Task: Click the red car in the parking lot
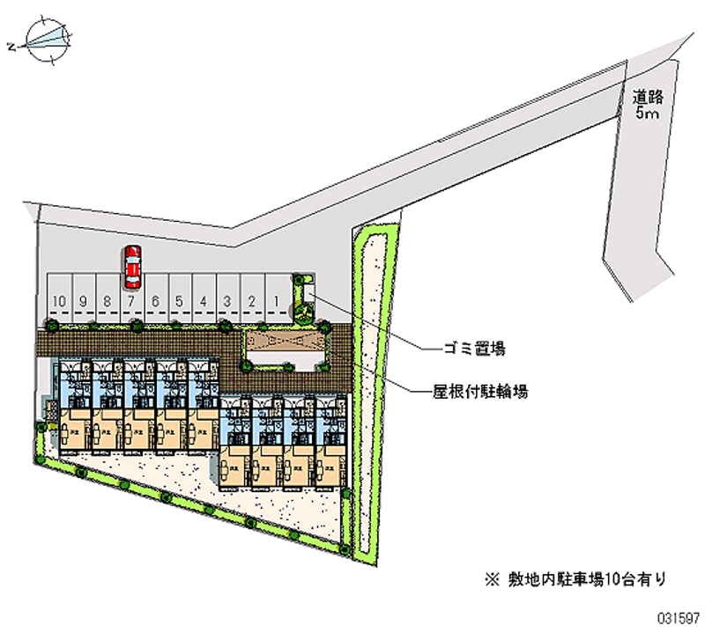[x=132, y=267]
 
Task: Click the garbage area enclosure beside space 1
[x=303, y=298]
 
